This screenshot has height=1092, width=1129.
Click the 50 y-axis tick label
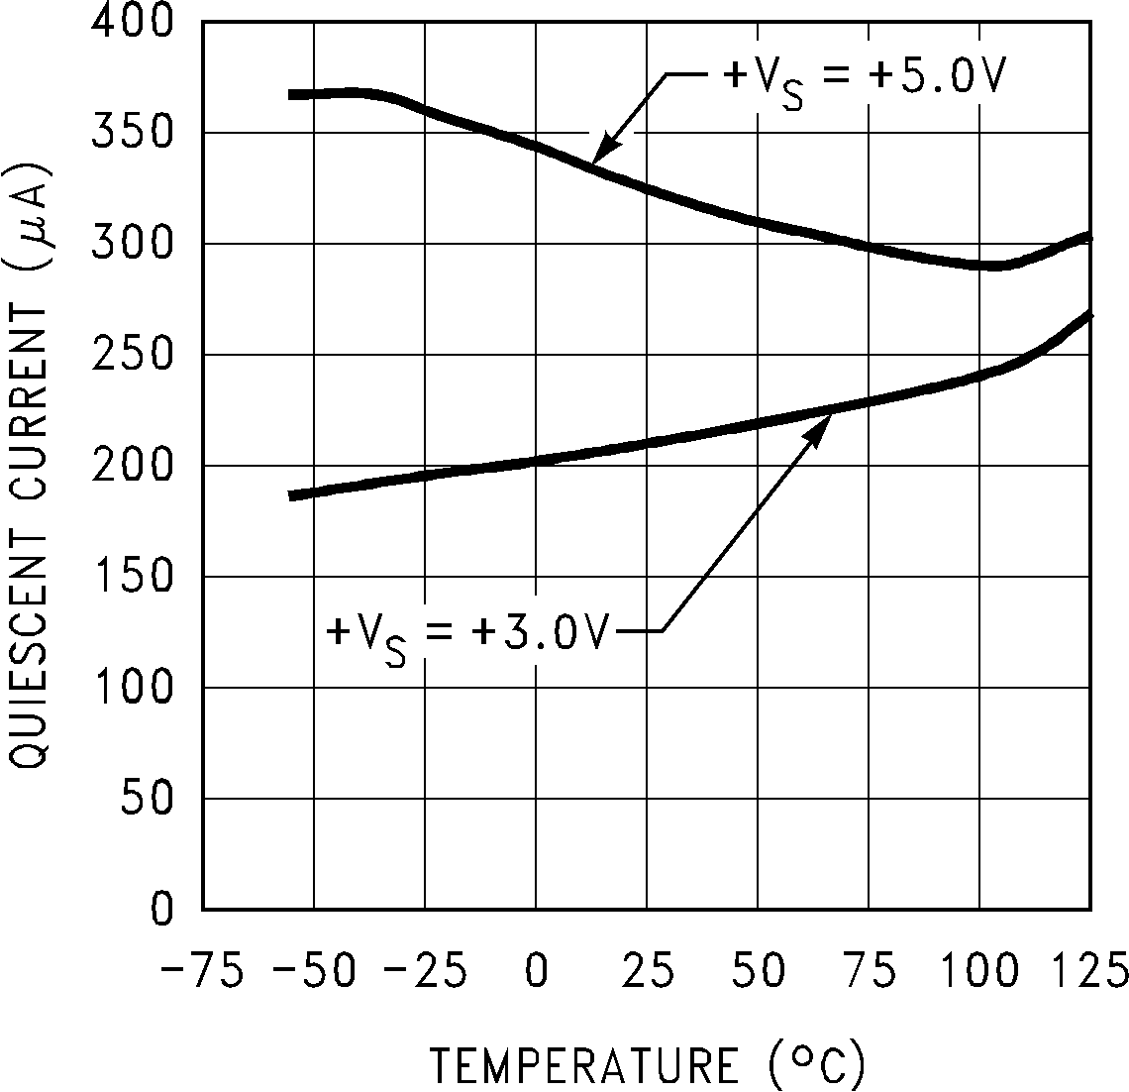coord(149,799)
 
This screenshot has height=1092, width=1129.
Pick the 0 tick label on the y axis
coord(163,910)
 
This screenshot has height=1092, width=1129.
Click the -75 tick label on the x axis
coord(203,970)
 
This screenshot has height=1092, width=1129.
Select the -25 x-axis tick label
coord(425,970)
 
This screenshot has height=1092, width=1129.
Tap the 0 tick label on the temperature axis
coord(536,970)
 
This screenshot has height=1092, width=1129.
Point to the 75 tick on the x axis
coord(869,970)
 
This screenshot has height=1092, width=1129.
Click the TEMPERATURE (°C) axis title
coord(648,1064)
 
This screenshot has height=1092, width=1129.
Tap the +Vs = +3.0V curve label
coord(465,631)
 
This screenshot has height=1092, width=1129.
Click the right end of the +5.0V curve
coord(1089,237)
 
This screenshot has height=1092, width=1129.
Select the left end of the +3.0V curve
coord(291,495)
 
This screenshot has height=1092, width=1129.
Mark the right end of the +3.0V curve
coord(1089,315)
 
